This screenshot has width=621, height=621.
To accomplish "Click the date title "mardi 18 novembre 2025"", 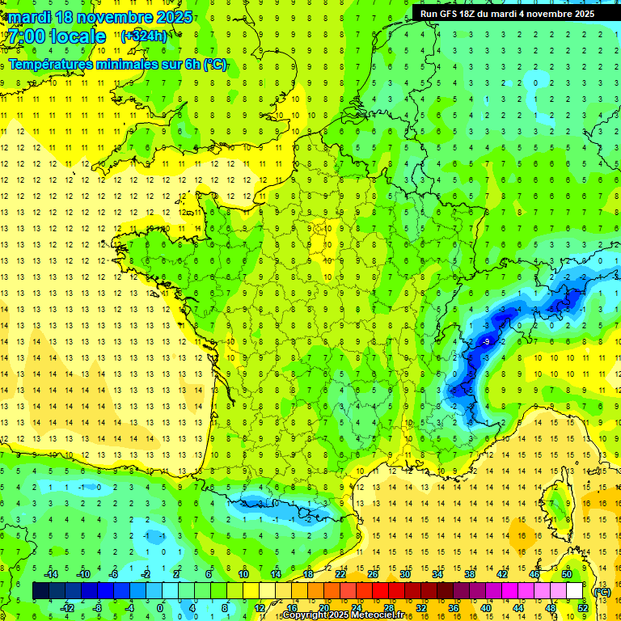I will pos(100,17).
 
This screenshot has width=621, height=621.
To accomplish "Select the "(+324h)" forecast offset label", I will pos(144,36).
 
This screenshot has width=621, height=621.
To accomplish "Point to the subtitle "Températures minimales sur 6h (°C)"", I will pos(118,65).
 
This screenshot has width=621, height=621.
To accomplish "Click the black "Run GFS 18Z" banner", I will pos(507,14).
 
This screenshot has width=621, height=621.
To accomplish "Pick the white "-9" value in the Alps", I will pos(486,342).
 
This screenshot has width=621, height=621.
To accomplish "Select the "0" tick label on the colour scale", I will pos(160,607).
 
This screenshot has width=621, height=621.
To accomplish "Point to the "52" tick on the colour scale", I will pos(582,607).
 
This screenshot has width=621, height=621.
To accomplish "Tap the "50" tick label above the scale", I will pos(566,574).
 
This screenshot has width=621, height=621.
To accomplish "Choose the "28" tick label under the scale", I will pos(388,607).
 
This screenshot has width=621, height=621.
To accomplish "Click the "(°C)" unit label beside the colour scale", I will pos(602,592).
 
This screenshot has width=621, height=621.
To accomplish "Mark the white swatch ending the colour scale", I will pos(574,591).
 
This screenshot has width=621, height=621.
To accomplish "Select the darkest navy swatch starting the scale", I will pos(40,591).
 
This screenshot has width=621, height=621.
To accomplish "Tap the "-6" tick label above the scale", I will pos(113,574).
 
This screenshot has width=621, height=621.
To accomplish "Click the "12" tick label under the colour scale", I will pos(259,607).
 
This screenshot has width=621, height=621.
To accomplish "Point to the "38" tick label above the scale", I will pos(469,574).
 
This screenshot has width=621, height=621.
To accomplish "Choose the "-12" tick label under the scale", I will pos(68,607).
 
